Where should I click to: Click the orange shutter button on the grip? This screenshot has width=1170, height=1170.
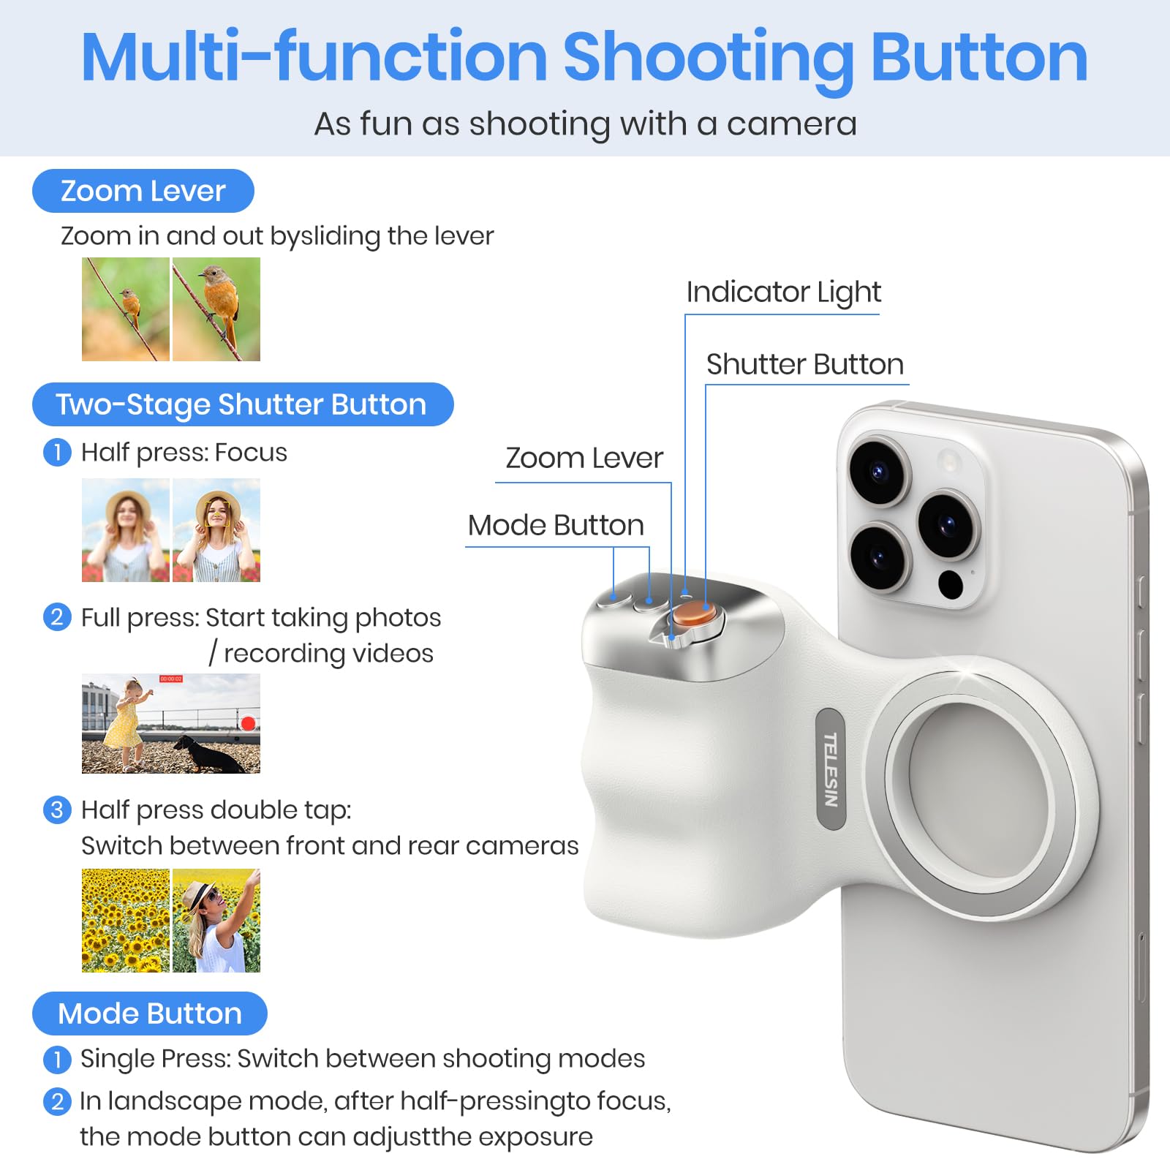coord(690,614)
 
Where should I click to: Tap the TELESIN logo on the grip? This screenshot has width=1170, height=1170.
coord(830,769)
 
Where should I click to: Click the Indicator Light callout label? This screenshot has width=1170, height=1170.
coord(783,292)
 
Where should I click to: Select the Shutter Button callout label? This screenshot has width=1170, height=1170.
coord(804,364)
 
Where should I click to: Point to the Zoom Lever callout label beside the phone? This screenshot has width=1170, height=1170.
coord(584,458)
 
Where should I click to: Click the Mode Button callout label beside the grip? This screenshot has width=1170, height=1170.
coord(556,525)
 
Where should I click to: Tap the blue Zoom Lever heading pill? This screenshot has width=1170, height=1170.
coord(143,191)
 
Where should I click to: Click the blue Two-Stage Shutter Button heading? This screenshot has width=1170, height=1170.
coord(242,404)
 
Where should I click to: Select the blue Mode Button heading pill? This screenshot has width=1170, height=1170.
coord(150,1014)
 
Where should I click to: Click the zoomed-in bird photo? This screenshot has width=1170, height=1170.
coord(216,309)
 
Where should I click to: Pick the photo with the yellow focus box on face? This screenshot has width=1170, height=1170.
coord(216,530)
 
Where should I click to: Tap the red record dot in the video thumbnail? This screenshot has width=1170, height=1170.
coord(248,723)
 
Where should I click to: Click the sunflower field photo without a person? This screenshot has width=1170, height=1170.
coord(126,920)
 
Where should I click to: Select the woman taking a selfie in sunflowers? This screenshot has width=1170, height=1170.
coord(216,920)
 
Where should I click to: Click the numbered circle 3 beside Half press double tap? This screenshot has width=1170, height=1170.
coord(57,810)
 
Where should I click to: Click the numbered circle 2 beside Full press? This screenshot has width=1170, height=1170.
coord(57,617)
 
